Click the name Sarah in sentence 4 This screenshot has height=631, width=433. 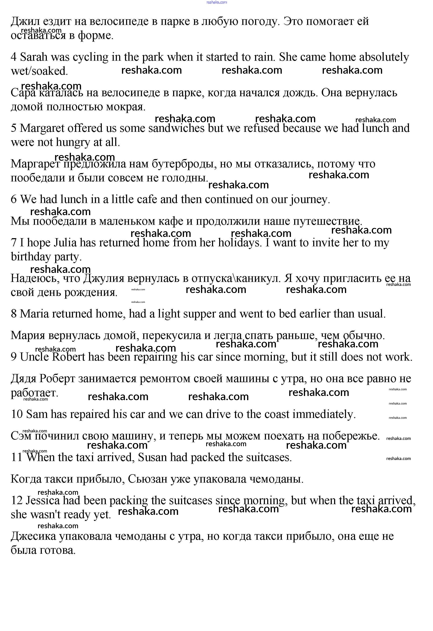[x=34, y=57]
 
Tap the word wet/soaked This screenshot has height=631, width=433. [x=39, y=71]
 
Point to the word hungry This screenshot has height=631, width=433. [x=73, y=143]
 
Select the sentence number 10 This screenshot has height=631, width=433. [x=17, y=414]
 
